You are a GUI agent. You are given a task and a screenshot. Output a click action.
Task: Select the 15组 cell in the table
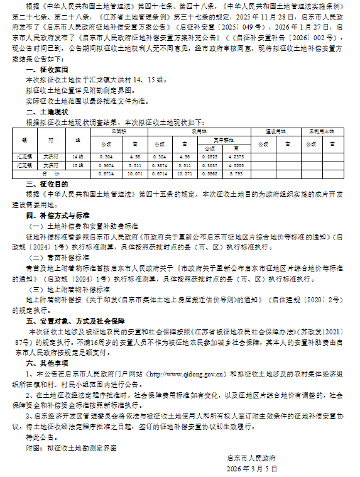click(x=78, y=163)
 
